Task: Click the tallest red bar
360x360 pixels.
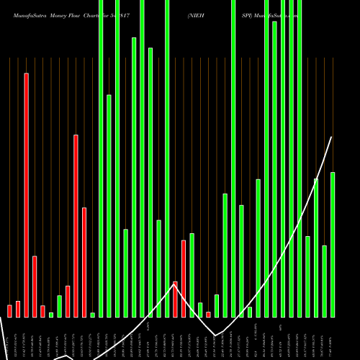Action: coord(27,194)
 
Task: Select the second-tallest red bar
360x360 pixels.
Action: coord(76,225)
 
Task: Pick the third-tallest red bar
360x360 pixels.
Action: coord(84,262)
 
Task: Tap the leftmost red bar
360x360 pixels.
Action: coord(10,311)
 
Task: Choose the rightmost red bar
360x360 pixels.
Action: coord(209,314)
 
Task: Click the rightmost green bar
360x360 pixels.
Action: coord(333,245)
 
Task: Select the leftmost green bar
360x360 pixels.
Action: coord(51,315)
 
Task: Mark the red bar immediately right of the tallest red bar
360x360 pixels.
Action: coord(35,286)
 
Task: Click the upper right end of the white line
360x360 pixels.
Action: coord(332,137)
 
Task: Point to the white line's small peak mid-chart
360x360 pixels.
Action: coord(175,284)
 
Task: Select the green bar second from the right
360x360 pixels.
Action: coord(325,281)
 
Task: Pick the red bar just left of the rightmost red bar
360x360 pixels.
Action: coord(184,278)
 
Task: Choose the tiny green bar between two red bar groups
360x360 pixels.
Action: coord(51,315)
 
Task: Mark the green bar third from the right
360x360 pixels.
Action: coord(316,248)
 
